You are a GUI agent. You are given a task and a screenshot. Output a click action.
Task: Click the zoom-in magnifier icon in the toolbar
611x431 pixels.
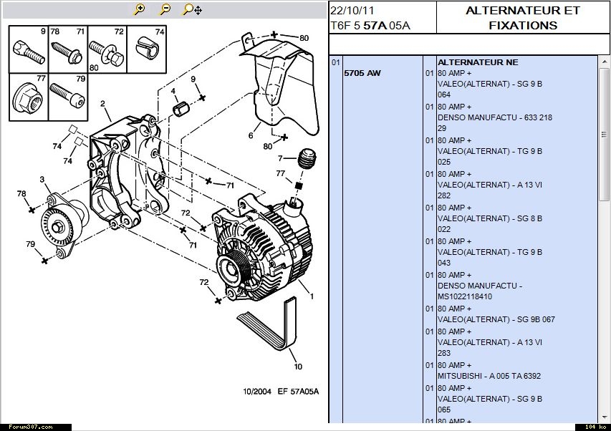point(140,9)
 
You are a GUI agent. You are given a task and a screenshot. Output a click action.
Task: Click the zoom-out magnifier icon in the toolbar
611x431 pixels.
point(165,9)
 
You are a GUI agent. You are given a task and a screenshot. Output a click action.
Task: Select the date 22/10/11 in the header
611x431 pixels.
point(351,10)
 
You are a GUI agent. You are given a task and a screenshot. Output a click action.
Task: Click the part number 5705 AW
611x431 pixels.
point(362,73)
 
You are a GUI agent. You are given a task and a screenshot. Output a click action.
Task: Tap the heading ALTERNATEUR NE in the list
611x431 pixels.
point(477,62)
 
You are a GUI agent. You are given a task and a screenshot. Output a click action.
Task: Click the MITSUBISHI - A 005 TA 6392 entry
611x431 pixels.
point(489,376)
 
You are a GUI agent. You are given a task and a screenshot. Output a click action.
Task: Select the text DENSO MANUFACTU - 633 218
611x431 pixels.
point(494,117)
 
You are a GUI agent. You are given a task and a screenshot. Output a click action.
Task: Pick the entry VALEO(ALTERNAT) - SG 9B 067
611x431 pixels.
point(496,319)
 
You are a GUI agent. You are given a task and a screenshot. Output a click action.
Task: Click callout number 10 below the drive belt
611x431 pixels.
point(298,367)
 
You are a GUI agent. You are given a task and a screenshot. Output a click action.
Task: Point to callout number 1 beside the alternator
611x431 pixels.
point(312,296)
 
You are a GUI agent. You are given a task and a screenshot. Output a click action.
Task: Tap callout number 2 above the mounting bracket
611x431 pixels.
point(104,104)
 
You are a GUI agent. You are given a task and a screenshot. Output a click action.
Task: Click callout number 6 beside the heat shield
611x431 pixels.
point(251,135)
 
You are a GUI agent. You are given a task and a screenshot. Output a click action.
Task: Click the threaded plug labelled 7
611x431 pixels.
point(307,158)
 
